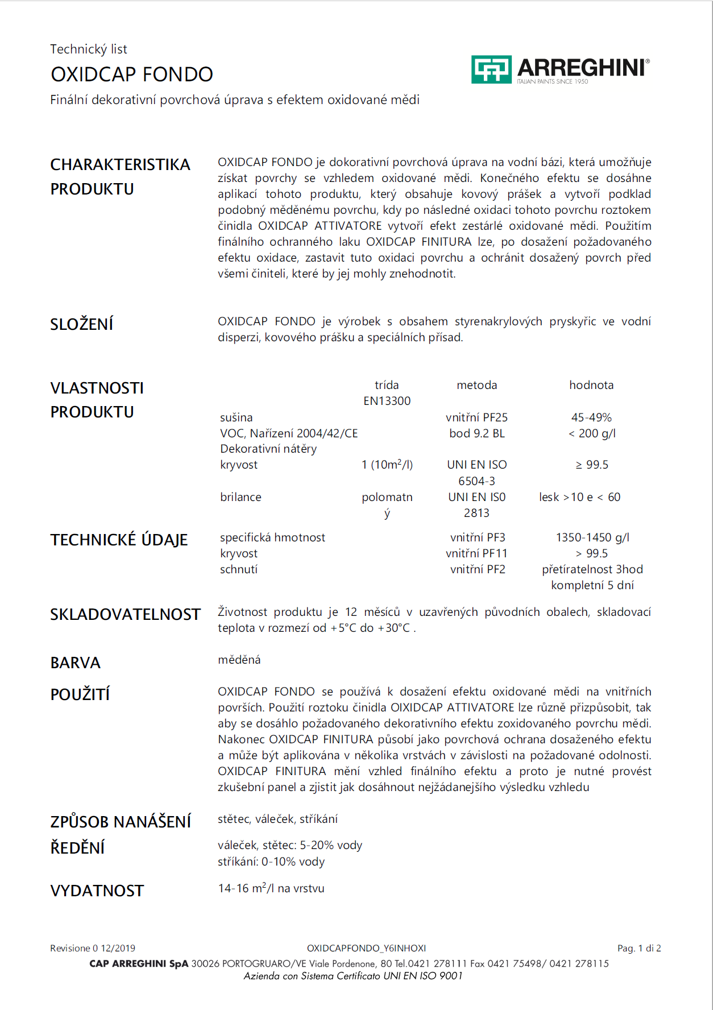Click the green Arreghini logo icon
[x=491, y=69]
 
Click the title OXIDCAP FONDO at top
[x=132, y=74]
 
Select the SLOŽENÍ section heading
[x=82, y=324]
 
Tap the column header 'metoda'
[x=476, y=385]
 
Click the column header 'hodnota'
[x=591, y=385]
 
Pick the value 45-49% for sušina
[x=591, y=417]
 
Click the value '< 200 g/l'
[x=591, y=433]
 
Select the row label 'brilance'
[x=241, y=497]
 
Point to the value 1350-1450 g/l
[x=592, y=537]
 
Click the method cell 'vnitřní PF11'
[x=476, y=553]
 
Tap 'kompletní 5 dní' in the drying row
[x=592, y=585]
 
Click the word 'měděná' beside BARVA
[x=239, y=660]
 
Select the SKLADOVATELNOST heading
[x=125, y=615]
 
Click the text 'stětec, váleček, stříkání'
[x=277, y=819]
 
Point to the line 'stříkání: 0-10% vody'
[x=271, y=862]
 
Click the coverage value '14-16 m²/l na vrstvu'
[x=271, y=888]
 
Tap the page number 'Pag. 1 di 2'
[x=639, y=948]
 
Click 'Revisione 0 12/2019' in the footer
[x=93, y=948]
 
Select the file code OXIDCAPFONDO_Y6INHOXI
[x=366, y=948]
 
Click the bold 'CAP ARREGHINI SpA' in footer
[x=139, y=963]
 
